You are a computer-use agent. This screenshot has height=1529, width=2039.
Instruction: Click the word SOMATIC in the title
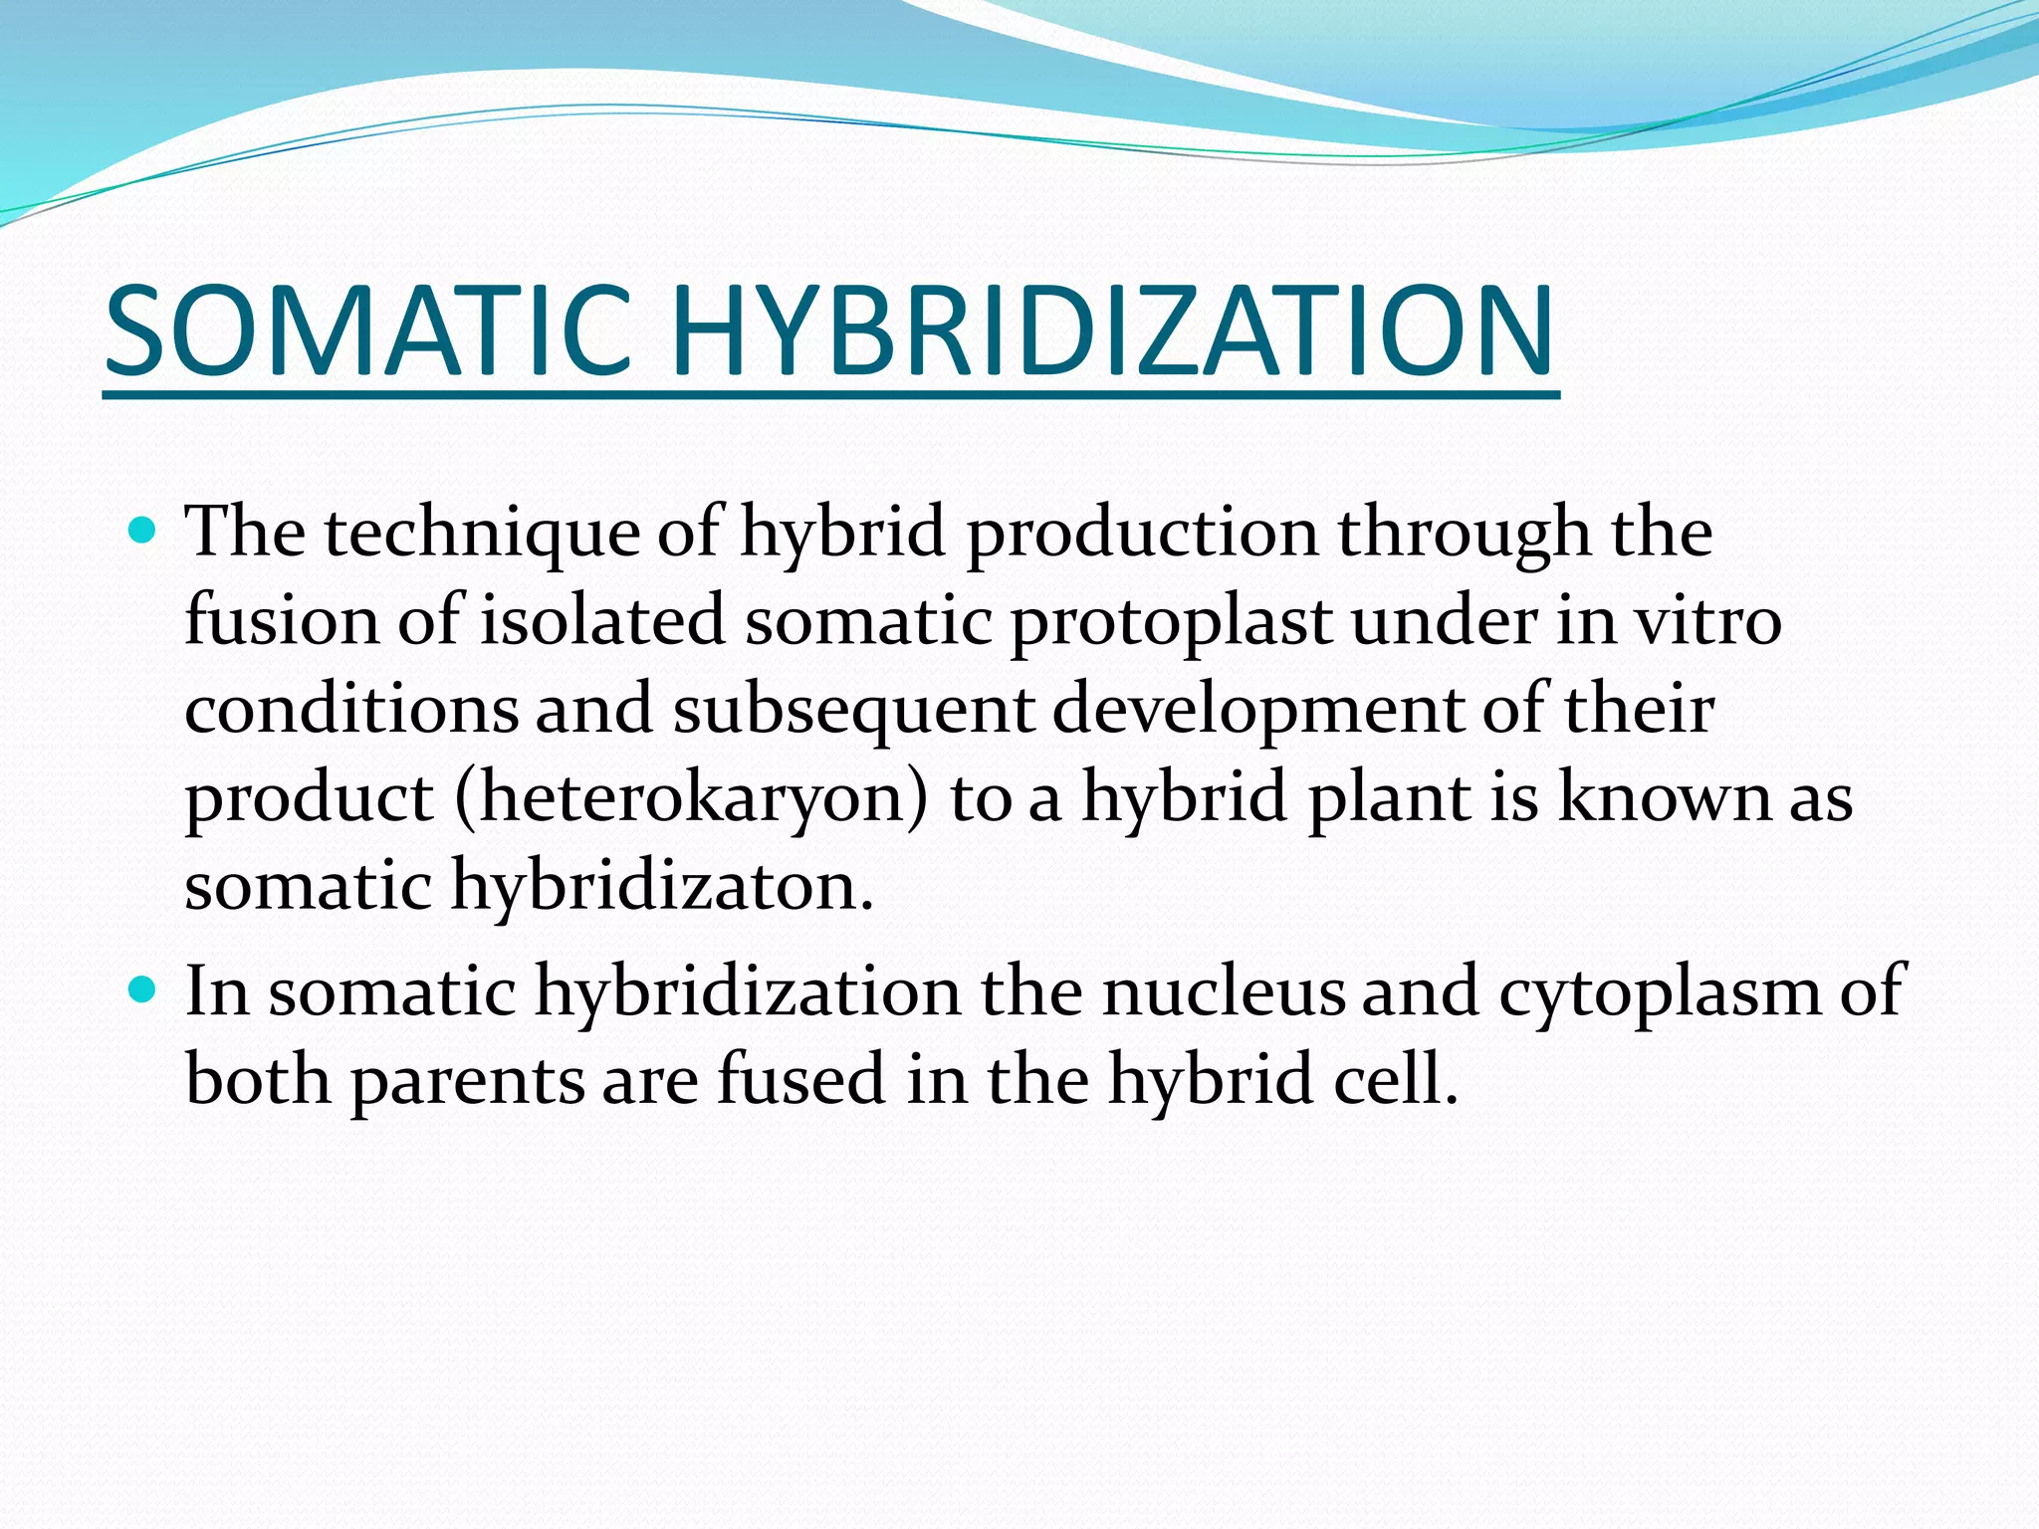point(368,331)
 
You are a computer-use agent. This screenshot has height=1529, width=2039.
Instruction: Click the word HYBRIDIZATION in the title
point(1112,331)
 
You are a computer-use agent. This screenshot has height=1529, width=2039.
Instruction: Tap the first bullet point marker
point(143,530)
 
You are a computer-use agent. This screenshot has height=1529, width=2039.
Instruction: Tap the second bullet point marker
point(143,989)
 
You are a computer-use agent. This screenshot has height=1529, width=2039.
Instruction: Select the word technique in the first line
point(482,533)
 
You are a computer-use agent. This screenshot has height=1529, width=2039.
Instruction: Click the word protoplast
point(1171,622)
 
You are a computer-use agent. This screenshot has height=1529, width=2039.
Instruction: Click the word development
point(1257,711)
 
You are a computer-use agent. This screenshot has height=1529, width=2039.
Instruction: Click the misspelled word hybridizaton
point(662,886)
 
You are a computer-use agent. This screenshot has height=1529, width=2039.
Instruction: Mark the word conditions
point(351,709)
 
